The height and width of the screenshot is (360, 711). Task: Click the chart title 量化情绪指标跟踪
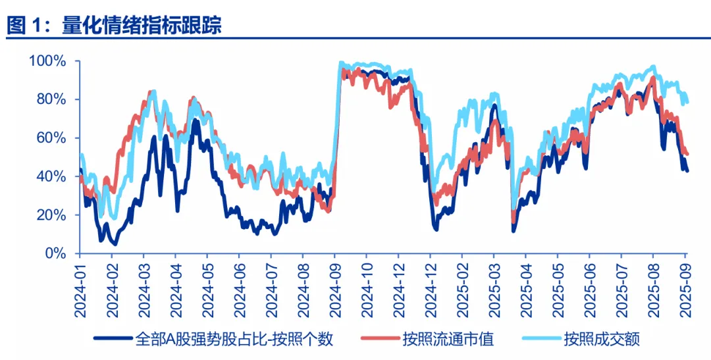point(142,25)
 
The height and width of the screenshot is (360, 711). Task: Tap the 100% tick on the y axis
point(47,61)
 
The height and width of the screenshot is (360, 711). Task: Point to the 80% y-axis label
point(50,99)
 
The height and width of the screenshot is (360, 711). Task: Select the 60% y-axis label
point(50,138)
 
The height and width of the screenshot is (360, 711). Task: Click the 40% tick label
point(50,176)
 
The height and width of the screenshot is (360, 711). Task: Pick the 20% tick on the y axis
point(50,215)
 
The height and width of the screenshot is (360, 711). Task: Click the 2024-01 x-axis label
point(80,289)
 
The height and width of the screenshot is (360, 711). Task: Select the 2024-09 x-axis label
point(334,289)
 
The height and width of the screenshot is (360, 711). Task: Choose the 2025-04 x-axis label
point(525,289)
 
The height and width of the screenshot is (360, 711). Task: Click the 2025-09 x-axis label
point(685,289)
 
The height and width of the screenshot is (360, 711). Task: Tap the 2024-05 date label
point(207,289)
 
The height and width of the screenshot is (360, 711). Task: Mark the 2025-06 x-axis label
point(589,289)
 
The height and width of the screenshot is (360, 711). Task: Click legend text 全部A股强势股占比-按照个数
point(234,340)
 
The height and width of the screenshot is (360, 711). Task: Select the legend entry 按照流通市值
point(448,340)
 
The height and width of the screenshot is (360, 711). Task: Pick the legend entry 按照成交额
point(602,340)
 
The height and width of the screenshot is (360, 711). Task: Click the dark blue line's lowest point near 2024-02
point(115,244)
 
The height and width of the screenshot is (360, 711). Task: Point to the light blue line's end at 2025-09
point(687,101)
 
